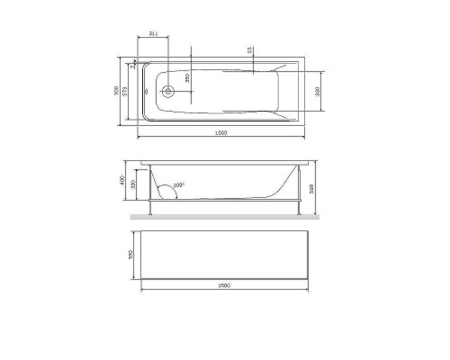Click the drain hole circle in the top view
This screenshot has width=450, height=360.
167,91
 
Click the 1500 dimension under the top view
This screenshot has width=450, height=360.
221,133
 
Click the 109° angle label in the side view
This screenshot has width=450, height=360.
178,185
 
